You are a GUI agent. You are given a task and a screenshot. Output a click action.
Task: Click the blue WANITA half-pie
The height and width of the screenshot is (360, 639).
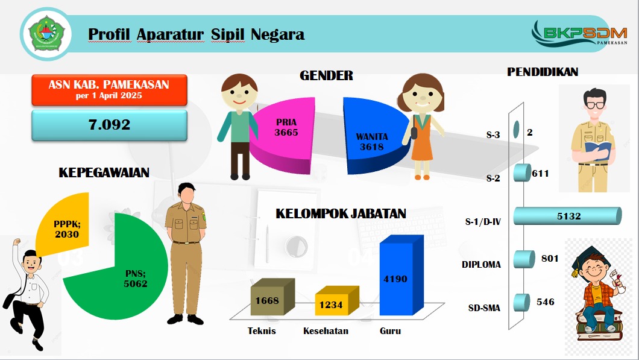click(373, 136)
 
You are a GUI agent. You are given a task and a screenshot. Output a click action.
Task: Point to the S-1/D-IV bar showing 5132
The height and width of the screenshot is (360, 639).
click(567, 216)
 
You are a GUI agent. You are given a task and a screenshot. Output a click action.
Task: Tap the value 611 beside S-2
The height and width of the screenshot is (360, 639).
click(540, 174)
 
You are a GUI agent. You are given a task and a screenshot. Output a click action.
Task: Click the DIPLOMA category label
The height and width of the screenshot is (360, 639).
click(481, 265)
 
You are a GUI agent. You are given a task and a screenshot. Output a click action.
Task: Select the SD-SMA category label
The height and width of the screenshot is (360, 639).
click(484, 308)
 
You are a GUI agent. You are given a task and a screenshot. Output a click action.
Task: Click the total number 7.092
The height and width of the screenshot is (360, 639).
click(109, 125)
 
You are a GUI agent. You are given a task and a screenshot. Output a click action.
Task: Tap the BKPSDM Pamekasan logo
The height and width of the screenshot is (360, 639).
click(579, 33)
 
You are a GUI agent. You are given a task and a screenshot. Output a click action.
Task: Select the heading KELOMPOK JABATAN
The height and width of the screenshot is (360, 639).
click(341, 213)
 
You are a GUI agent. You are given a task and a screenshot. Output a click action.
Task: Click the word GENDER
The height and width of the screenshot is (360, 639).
click(326, 75)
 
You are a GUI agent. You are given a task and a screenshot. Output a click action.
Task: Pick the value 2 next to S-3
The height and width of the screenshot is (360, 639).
click(530, 133)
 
